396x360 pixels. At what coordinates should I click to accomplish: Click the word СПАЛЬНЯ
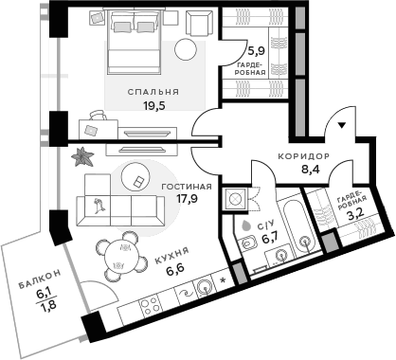153,92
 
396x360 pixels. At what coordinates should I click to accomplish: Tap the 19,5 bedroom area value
153,106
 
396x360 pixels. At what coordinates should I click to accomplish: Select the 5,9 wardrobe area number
256,52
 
